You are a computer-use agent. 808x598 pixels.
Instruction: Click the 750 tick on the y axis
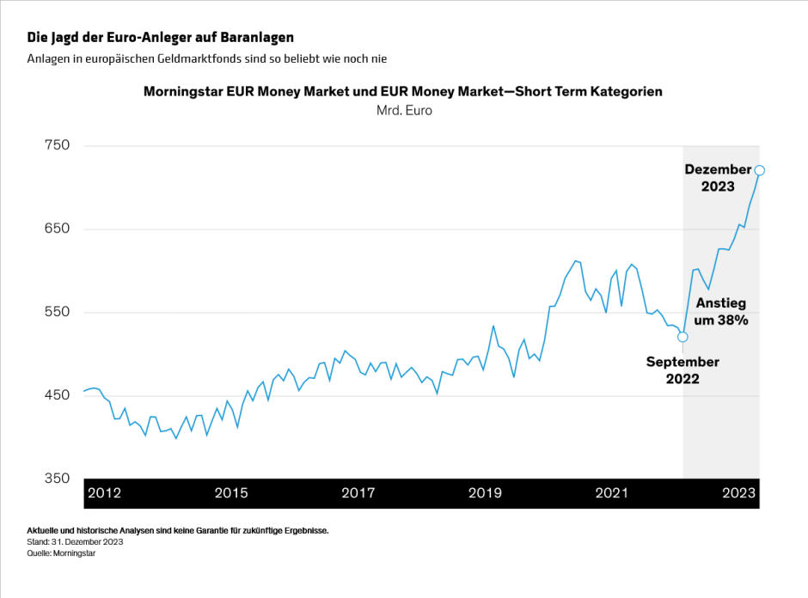57,145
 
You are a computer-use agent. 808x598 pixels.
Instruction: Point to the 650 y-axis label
57,229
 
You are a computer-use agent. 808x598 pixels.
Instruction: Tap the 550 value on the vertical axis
57,312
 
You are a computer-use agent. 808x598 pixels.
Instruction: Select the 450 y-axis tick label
57,395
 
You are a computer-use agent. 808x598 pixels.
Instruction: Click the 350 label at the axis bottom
57,478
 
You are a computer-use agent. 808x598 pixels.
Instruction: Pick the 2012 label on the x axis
104,493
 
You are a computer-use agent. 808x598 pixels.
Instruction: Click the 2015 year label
231,493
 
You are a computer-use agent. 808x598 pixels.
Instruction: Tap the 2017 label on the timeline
358,493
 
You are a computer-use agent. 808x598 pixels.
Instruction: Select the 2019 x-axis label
485,493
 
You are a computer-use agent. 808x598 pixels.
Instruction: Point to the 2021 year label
612,493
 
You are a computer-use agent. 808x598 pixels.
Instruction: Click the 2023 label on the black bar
738,493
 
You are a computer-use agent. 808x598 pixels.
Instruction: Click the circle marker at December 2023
759,170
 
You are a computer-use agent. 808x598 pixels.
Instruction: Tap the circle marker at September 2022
683,337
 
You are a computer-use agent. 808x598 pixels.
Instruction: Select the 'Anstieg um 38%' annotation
721,311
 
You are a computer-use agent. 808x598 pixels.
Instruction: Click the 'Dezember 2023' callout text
718,178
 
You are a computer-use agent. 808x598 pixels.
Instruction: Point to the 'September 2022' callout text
683,369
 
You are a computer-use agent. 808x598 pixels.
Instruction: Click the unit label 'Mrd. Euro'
404,111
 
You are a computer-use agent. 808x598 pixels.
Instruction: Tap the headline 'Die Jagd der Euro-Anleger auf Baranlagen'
161,38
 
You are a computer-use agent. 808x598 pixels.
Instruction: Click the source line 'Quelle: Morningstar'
61,553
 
